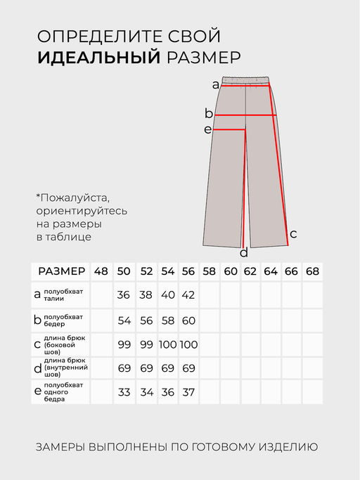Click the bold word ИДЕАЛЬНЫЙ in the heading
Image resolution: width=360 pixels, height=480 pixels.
coord(99,58)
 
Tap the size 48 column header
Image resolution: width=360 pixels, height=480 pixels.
coord(101,271)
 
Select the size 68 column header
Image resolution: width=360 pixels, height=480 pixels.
coord(312,271)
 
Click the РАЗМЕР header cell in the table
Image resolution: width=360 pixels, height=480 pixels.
coord(61,271)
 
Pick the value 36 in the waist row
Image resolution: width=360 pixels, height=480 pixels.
coord(124,295)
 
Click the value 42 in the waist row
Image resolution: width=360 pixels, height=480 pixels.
coord(188,295)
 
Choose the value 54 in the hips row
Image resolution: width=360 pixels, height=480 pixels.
coord(124,320)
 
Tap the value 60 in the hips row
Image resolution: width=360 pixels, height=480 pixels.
coord(188,320)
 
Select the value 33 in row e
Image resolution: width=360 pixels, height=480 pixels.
coord(124,392)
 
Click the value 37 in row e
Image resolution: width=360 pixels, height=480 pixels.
coord(188,392)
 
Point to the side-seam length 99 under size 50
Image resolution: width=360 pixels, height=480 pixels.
coord(124,344)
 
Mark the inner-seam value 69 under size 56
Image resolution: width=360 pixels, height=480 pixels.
coord(188,368)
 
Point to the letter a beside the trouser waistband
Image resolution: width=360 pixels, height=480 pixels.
coord(215,85)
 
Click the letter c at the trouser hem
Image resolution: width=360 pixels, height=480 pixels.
coord(293,233)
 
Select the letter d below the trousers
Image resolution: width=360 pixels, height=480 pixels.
coord(244,253)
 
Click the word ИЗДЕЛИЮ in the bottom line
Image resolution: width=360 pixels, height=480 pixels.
coord(288,446)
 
